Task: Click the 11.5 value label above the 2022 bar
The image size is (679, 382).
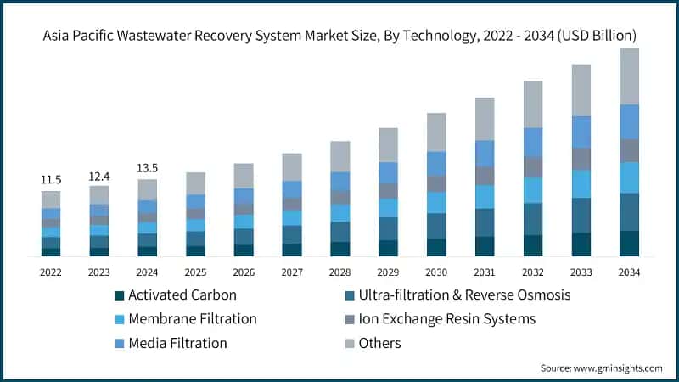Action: (51, 180)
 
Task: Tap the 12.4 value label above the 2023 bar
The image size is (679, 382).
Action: (99, 176)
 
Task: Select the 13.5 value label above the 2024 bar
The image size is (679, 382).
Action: (148, 168)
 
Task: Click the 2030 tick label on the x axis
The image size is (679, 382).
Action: (436, 272)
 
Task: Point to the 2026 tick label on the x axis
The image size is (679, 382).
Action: (244, 272)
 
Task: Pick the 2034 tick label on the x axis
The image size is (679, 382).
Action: (629, 272)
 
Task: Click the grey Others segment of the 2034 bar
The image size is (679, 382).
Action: (629, 76)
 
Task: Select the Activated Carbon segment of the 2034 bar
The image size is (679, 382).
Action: (629, 243)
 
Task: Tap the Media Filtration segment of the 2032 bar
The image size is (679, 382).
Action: (532, 142)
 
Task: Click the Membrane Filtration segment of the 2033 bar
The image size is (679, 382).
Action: (581, 183)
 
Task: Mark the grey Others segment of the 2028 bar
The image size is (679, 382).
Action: (339, 156)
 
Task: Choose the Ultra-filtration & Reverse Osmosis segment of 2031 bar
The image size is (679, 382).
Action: (485, 222)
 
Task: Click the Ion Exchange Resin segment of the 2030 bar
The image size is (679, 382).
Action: (436, 183)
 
